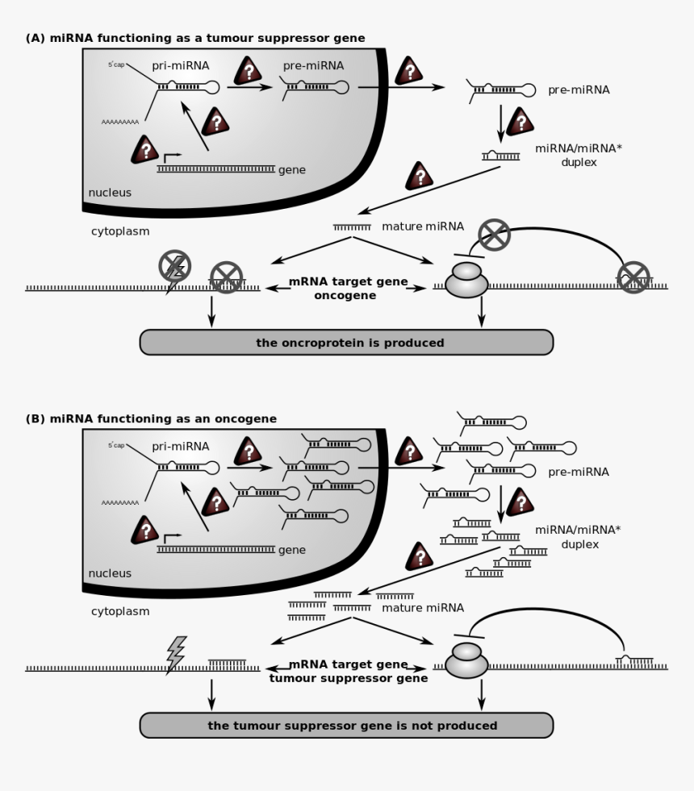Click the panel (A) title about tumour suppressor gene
click(x=195, y=38)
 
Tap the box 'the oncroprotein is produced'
click(x=346, y=343)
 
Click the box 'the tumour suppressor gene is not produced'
click(x=346, y=725)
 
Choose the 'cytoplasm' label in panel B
click(x=120, y=611)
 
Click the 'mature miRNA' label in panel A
click(x=413, y=227)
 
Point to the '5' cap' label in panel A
click(x=116, y=64)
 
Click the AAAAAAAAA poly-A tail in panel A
click(x=120, y=122)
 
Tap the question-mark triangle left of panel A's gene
click(x=145, y=150)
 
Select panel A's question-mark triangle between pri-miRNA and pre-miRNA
click(x=249, y=71)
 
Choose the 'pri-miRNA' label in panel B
click(x=180, y=446)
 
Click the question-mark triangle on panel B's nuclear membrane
click(x=408, y=452)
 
